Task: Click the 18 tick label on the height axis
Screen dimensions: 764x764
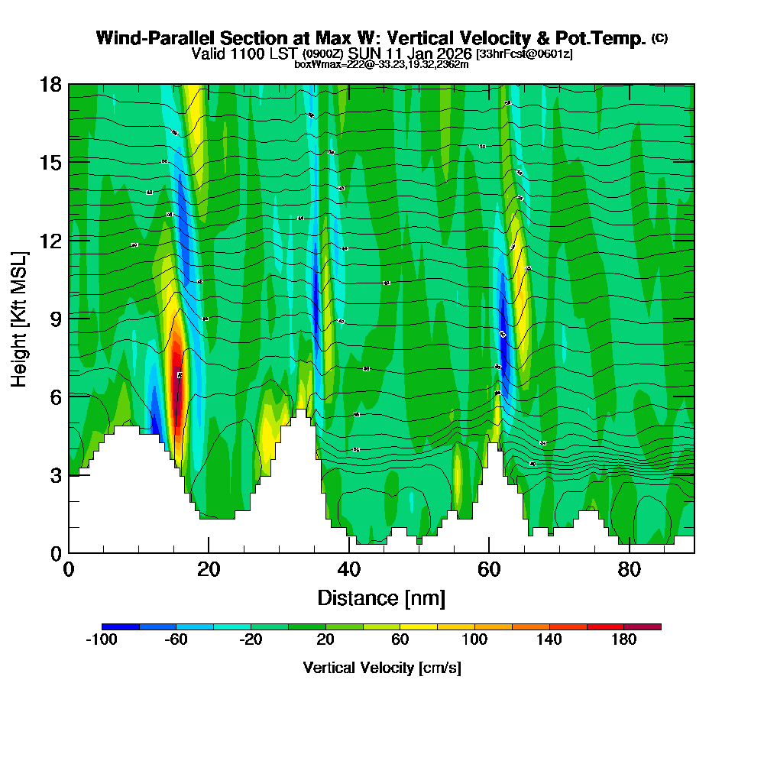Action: point(50,84)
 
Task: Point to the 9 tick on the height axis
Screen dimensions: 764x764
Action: point(69,318)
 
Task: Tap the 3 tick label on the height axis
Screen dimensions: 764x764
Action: point(56,474)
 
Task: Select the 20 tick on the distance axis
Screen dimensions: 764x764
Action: point(209,552)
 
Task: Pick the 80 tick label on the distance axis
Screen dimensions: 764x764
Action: point(629,570)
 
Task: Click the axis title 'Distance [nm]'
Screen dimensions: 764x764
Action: point(381,597)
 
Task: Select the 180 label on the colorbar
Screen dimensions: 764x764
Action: point(623,640)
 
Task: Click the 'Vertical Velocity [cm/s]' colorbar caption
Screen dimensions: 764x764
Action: point(381,668)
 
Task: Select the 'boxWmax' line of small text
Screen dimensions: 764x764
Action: point(381,64)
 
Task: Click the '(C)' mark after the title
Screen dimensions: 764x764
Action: point(660,37)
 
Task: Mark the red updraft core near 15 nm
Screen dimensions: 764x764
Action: point(176,374)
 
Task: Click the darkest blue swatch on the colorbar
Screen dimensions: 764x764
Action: point(121,626)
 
